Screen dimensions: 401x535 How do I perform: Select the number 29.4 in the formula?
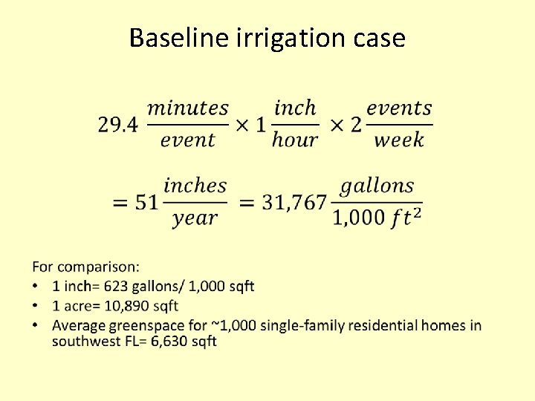point(117,125)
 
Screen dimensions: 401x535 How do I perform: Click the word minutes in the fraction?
point(188,108)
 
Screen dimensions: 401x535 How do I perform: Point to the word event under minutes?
point(188,140)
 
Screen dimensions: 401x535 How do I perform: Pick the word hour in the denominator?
point(295,140)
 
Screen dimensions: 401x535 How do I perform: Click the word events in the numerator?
point(399,108)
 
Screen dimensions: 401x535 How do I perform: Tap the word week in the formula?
point(399,140)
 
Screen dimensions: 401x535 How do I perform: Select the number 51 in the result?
point(146,203)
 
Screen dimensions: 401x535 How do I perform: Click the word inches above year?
point(195,185)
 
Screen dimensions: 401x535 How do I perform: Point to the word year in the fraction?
point(195,218)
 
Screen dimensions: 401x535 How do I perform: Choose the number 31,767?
point(294,203)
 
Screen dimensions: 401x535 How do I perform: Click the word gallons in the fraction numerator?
point(377,185)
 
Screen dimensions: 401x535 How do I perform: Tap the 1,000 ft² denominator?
point(377,218)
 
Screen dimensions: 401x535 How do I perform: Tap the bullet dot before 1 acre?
point(36,306)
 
